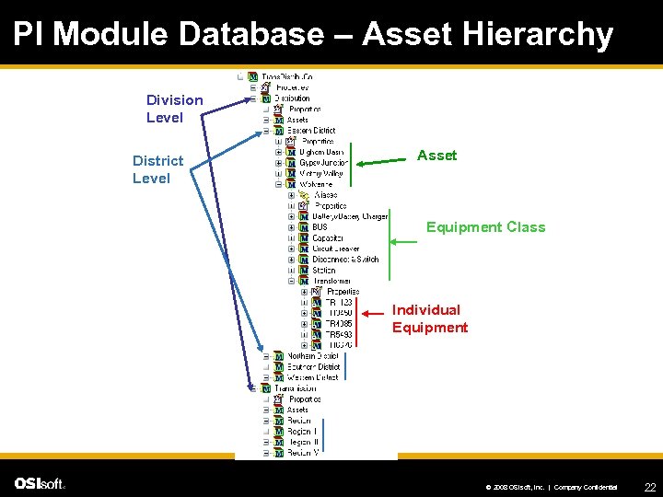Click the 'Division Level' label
[174, 109]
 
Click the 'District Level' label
[157, 169]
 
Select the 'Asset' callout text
[436, 156]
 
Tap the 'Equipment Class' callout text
[485, 227]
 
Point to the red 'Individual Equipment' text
[429, 318]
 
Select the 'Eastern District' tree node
[310, 131]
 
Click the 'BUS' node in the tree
[320, 226]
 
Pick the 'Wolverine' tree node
[318, 184]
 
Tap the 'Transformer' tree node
[331, 281]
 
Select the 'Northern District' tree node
[312, 355]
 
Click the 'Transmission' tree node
[297, 388]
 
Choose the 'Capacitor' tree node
[327, 237]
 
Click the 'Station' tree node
[324, 271]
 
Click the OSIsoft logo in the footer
[40, 484]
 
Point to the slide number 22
[649, 486]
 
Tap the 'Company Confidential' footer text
[586, 486]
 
